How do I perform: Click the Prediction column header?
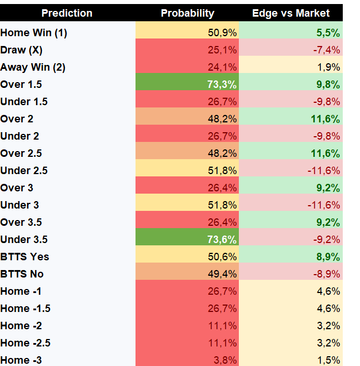pyautogui.click(x=67, y=13)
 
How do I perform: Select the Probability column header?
pyautogui.click(x=187, y=13)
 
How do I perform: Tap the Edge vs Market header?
pyautogui.click(x=291, y=13)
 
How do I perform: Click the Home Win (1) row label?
pyautogui.click(x=34, y=33)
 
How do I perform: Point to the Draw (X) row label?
pyautogui.click(x=21, y=50)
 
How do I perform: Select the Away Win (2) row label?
pyautogui.click(x=33, y=67)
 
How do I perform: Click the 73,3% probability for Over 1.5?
pyautogui.click(x=222, y=84)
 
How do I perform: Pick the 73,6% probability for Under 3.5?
pyautogui.click(x=222, y=240)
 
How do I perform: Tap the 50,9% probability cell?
pyautogui.click(x=222, y=33)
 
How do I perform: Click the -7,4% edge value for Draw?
pyautogui.click(x=326, y=50)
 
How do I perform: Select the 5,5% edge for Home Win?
pyautogui.click(x=328, y=33)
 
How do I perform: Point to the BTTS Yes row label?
pyautogui.click(x=25, y=257)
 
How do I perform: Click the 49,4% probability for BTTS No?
pyautogui.click(x=222, y=274)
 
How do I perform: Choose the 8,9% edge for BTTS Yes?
pyautogui.click(x=328, y=257)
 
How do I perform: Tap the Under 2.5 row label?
pyautogui.click(x=24, y=171)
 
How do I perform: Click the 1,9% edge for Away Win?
pyautogui.click(x=328, y=67)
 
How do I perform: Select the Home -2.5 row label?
pyautogui.click(x=25, y=343)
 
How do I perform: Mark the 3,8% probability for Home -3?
pyautogui.click(x=225, y=360)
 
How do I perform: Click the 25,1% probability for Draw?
pyautogui.click(x=222, y=50)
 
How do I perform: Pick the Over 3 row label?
pyautogui.click(x=17, y=188)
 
